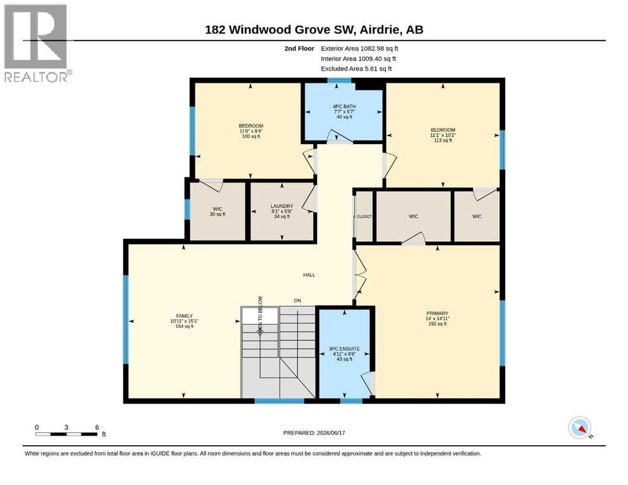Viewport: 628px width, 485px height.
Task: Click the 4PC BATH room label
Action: pyautogui.click(x=344, y=106)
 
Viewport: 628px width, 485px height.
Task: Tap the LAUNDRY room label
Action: pyautogui.click(x=282, y=206)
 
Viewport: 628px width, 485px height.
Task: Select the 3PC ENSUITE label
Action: pyautogui.click(x=344, y=349)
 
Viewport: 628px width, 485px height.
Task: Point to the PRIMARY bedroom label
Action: pyautogui.click(x=438, y=313)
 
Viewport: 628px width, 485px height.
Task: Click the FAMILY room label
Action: pyautogui.click(x=184, y=316)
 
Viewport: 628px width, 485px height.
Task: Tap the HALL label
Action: pyautogui.click(x=309, y=275)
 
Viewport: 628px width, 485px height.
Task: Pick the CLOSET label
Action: pyautogui.click(x=364, y=217)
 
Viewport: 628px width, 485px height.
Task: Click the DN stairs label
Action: pyautogui.click(x=297, y=300)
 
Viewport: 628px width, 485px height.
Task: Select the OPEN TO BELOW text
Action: pyautogui.click(x=261, y=315)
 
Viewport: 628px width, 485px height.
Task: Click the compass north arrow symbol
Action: pyautogui.click(x=580, y=428)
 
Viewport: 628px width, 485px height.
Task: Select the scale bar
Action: pyautogui.click(x=66, y=434)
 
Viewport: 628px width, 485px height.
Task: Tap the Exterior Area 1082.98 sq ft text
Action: pyautogui.click(x=359, y=49)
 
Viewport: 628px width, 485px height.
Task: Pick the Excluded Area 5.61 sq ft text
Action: pyautogui.click(x=356, y=69)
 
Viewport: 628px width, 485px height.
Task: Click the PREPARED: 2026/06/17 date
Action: pyautogui.click(x=314, y=433)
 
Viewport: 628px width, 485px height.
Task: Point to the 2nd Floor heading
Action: pyautogui.click(x=299, y=49)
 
